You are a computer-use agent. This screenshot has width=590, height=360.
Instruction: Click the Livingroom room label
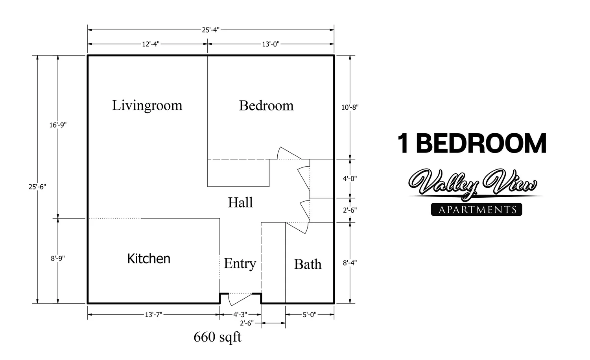pyautogui.click(x=147, y=105)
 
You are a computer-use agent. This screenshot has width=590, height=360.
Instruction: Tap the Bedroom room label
pyautogui.click(x=266, y=105)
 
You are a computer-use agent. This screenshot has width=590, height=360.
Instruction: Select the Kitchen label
pyautogui.click(x=149, y=259)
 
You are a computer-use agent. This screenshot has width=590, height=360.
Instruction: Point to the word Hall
pyautogui.click(x=240, y=202)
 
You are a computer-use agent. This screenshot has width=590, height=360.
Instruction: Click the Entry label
pyautogui.click(x=240, y=263)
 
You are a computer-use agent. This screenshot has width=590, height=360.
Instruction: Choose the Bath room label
pyautogui.click(x=308, y=264)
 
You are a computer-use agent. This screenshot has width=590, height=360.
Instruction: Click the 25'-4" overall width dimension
pyautogui.click(x=210, y=30)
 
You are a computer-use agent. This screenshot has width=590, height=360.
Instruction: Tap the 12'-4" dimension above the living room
pyautogui.click(x=151, y=44)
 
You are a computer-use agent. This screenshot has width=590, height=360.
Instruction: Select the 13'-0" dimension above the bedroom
pyautogui.click(x=271, y=44)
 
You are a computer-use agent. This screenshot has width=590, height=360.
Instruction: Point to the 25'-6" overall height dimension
pyautogui.click(x=37, y=187)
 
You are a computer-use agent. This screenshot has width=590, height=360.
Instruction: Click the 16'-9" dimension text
pyautogui.click(x=58, y=125)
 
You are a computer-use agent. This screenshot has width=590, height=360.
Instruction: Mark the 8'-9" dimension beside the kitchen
pyautogui.click(x=58, y=259)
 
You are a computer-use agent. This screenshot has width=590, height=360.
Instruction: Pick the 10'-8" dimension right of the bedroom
pyautogui.click(x=350, y=107)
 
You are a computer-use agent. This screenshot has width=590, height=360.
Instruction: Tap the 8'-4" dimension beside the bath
pyautogui.click(x=350, y=263)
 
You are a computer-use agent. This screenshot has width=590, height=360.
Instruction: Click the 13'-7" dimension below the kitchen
pyautogui.click(x=153, y=314)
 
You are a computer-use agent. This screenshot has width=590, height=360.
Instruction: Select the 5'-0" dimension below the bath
pyautogui.click(x=310, y=314)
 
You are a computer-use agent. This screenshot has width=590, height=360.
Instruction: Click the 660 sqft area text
pyautogui.click(x=218, y=337)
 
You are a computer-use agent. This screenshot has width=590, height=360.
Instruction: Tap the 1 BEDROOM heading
pyautogui.click(x=472, y=143)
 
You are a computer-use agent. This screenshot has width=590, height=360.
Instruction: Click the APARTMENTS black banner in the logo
pyautogui.click(x=477, y=209)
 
